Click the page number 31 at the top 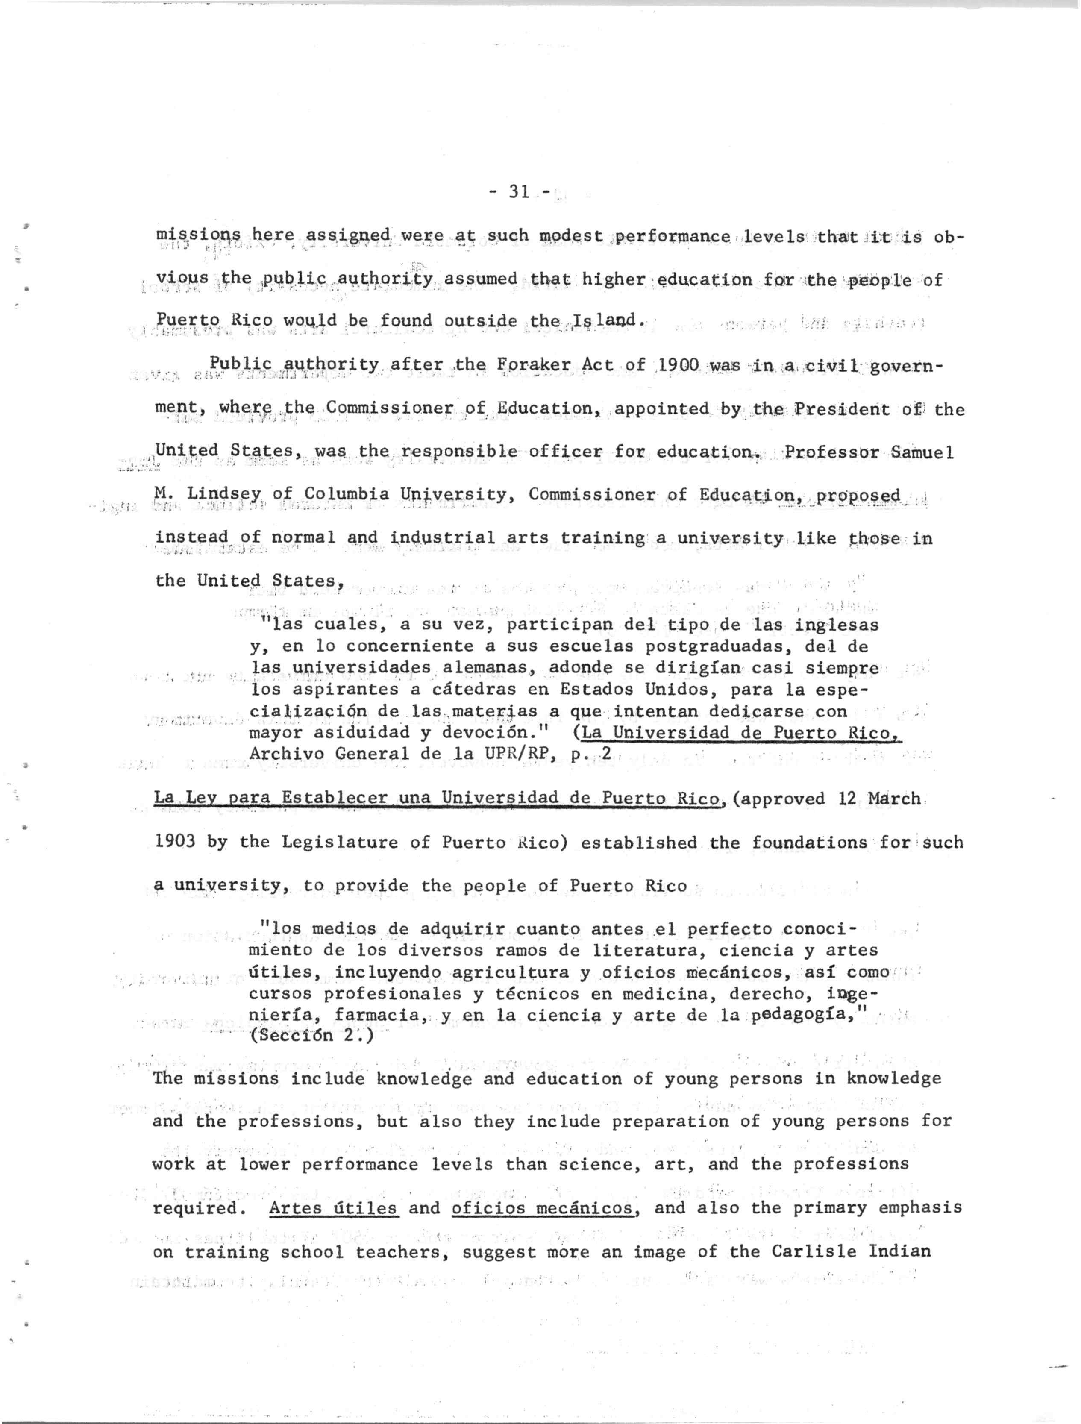click(518, 191)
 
